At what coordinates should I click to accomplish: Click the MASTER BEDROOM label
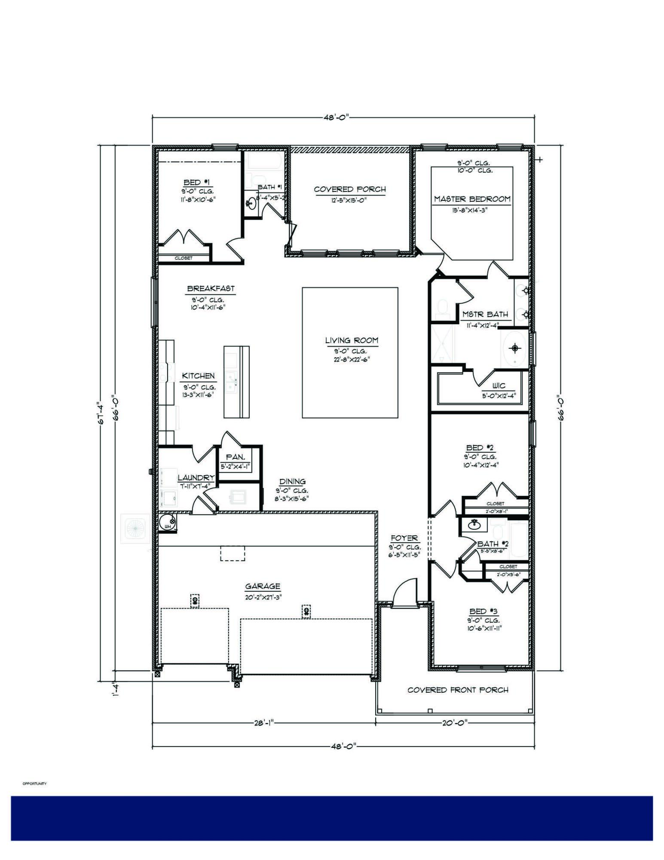(472, 199)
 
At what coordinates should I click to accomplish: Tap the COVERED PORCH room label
(350, 189)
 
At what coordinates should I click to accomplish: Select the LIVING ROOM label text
(352, 341)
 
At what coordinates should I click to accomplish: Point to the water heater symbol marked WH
(167, 523)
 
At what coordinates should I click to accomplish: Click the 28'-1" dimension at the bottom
(263, 723)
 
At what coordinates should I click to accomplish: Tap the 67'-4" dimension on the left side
(102, 413)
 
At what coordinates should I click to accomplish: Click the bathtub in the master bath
(515, 348)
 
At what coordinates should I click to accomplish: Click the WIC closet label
(499, 386)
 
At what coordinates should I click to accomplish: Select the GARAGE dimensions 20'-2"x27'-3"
(263, 597)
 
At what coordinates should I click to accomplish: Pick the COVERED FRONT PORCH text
(458, 690)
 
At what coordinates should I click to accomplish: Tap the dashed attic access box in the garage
(233, 553)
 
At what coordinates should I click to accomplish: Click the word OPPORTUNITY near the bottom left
(34, 784)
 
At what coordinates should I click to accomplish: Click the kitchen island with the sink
(236, 381)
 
